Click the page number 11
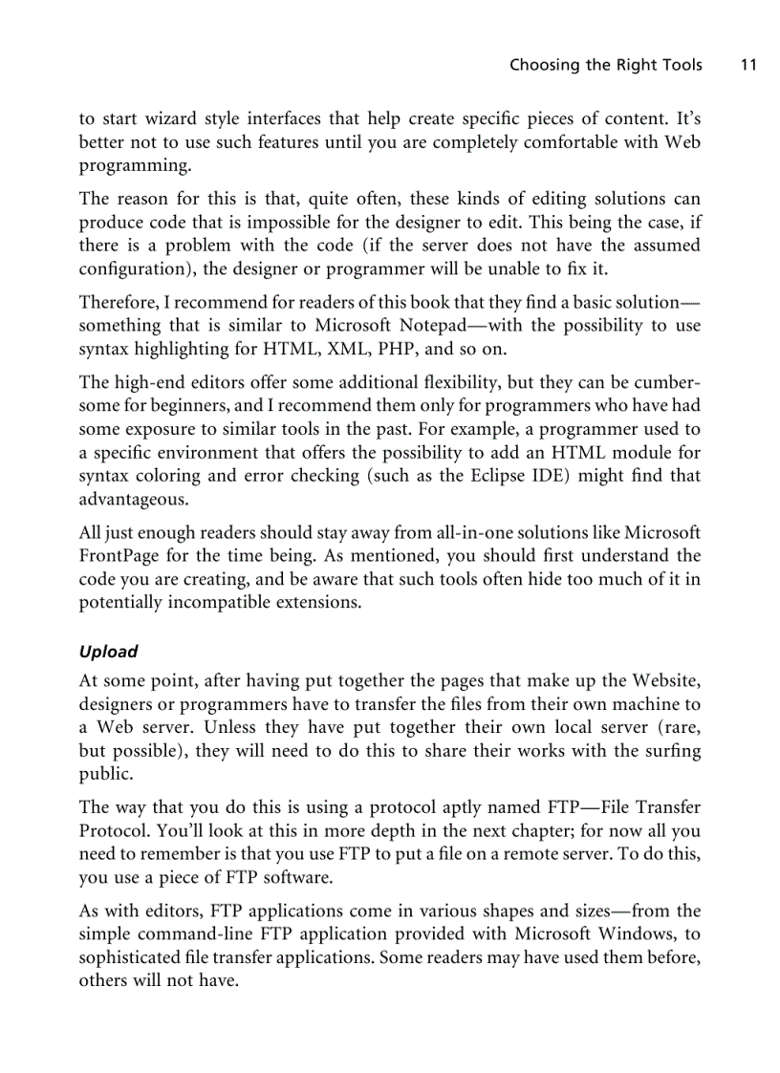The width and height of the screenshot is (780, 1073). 747,65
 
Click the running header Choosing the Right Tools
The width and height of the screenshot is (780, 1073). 605,65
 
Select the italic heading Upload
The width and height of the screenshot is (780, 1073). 108,652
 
